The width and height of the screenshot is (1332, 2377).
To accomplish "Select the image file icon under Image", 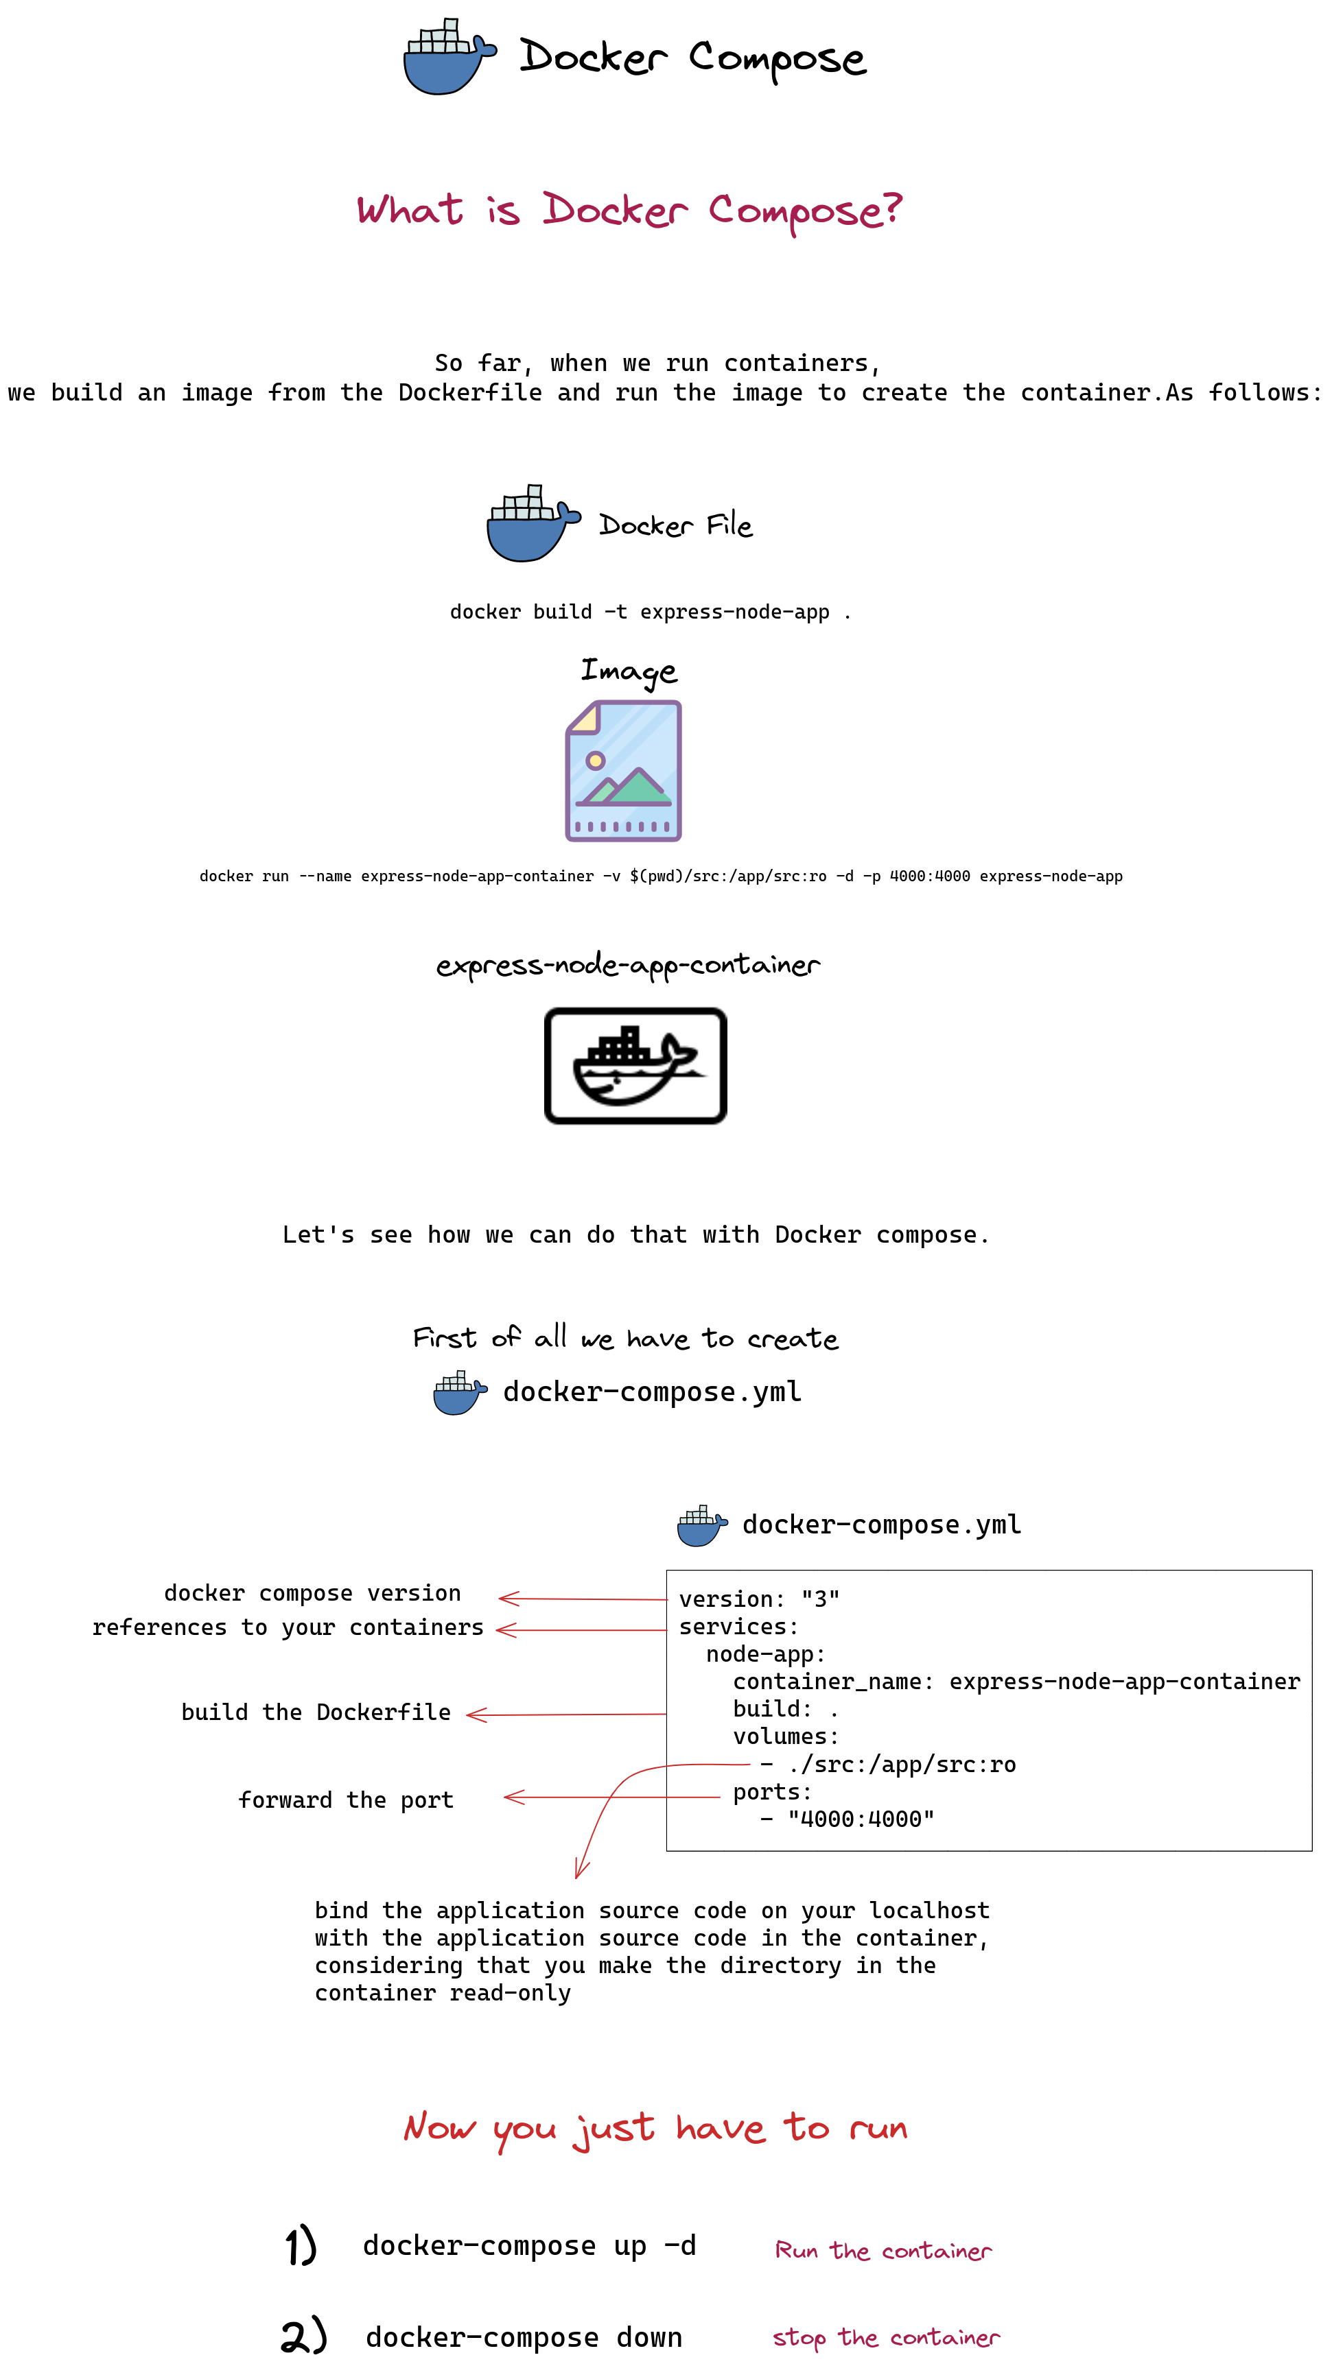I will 623,770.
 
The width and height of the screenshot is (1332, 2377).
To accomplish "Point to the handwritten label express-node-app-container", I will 628,965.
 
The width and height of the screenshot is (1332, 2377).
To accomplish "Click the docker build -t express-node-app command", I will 650,612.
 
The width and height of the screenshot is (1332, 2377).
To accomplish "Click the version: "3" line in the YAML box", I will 759,1599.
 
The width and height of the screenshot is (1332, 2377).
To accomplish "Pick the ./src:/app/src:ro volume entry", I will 901,1765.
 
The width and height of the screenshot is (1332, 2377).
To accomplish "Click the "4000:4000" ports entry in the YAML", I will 861,1819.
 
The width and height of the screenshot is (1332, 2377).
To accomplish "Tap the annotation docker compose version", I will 312,1594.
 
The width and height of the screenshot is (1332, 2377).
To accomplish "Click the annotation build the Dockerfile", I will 316,1712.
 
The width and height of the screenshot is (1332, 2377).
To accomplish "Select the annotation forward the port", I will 346,1800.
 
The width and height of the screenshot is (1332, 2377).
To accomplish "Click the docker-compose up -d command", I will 529,2245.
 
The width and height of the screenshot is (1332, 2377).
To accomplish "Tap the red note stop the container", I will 885,2337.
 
